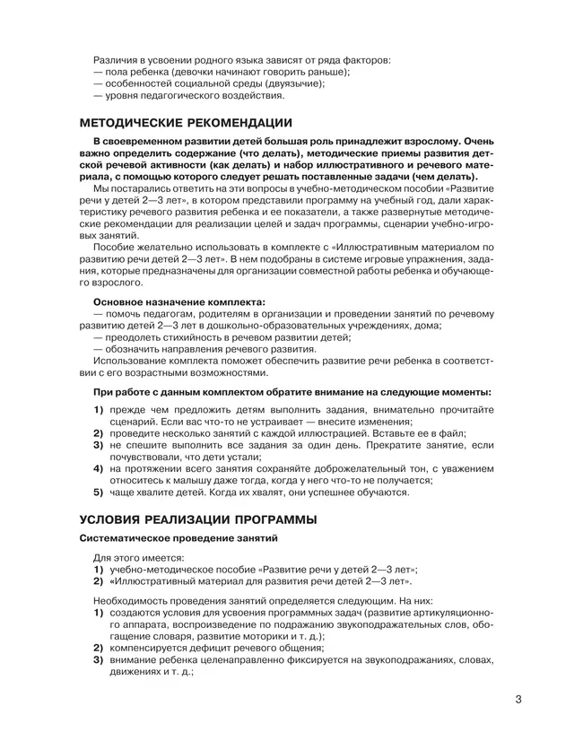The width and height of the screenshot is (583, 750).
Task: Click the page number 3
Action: pos(518,701)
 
